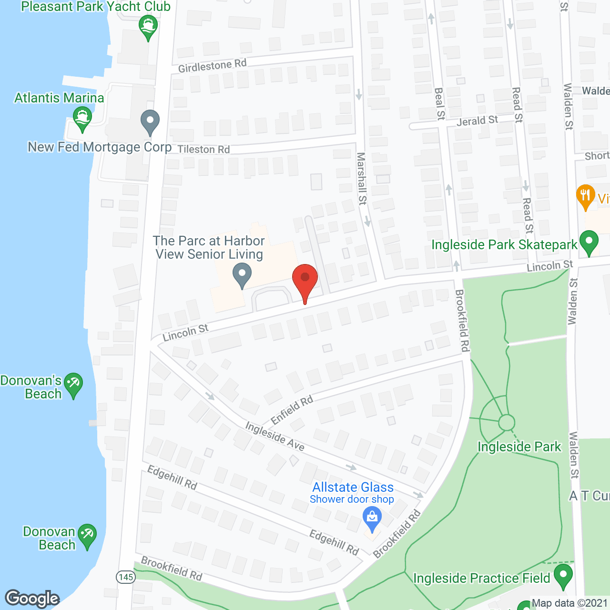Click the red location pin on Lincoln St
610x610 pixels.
point(305,279)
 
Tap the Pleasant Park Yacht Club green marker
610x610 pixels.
point(148,27)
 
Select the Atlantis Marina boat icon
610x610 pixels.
point(82,119)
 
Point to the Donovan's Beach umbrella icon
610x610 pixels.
point(73,384)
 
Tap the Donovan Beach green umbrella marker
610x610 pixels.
point(87,535)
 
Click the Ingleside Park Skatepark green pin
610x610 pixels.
point(589,242)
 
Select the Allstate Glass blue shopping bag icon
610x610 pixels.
point(372,518)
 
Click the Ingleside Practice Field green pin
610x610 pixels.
point(563,575)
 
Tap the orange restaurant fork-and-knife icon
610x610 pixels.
point(585,196)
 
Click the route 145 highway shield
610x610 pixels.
point(126,577)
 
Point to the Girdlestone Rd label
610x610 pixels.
point(213,66)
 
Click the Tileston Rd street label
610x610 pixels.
point(203,149)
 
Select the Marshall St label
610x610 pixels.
point(362,178)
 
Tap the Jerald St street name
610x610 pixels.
point(477,121)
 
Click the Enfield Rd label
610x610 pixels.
point(292,410)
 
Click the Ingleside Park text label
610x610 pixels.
point(519,447)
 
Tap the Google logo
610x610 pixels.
point(32,599)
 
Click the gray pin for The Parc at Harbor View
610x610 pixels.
point(242,274)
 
